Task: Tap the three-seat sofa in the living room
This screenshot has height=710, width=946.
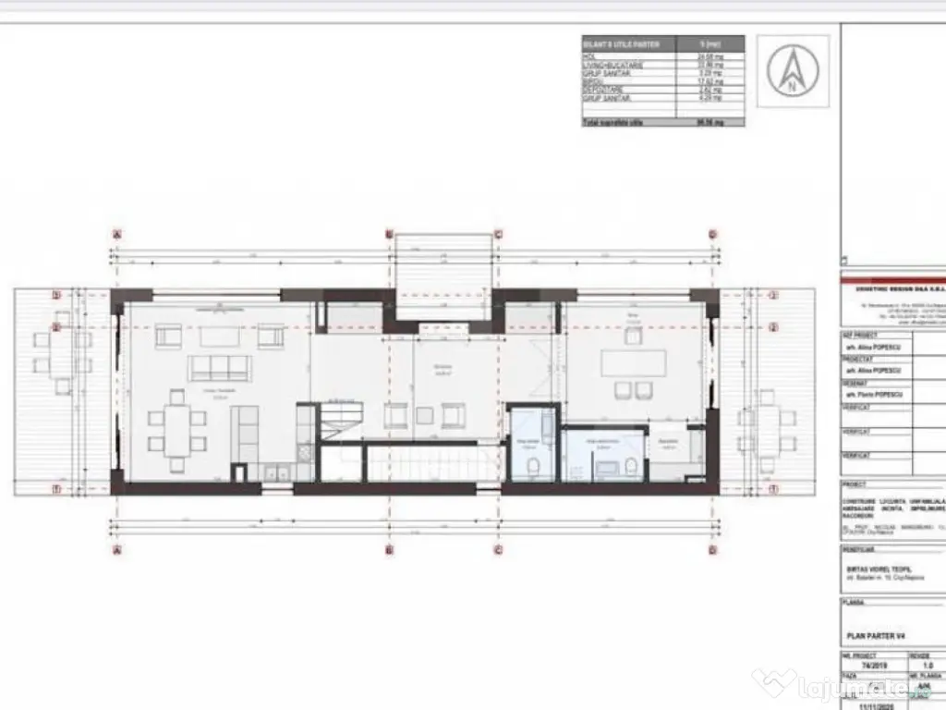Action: tap(219, 368)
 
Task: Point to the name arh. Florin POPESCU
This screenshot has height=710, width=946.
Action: tap(876, 396)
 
